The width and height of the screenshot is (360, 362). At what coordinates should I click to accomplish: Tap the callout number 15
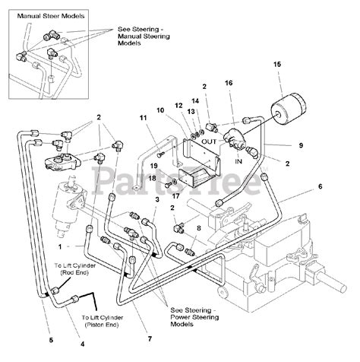(277, 65)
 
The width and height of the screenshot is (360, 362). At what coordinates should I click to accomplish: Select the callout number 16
(229, 83)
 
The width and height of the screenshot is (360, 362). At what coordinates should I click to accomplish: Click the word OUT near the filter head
(209, 141)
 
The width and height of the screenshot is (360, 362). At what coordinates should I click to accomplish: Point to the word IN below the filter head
(238, 161)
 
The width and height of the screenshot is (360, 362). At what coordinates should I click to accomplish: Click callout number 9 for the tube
(301, 145)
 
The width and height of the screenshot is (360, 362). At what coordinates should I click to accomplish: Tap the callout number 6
(321, 186)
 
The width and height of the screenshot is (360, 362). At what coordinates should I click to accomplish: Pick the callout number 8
(199, 228)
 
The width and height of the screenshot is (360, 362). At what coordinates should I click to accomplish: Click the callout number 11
(144, 118)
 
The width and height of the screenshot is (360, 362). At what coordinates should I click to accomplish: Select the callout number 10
(160, 110)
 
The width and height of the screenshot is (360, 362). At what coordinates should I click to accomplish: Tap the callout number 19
(153, 166)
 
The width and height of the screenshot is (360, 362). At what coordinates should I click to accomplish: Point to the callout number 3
(157, 199)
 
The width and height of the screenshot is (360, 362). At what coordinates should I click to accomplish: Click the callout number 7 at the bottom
(150, 338)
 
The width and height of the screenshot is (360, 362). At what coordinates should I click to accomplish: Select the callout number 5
(51, 340)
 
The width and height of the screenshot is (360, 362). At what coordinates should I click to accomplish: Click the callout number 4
(82, 344)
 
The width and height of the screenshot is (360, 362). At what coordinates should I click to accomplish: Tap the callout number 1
(60, 246)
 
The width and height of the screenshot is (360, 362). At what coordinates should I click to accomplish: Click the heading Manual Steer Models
(51, 16)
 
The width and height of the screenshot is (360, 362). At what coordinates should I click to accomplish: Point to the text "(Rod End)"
(75, 273)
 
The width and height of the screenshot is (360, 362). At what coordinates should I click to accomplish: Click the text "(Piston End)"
(103, 325)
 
